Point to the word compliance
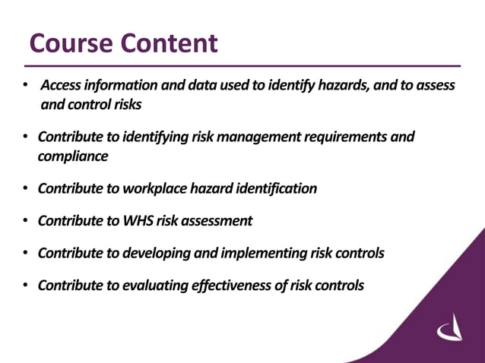point(73,156)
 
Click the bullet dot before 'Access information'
point(26,85)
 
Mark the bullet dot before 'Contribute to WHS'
point(26,221)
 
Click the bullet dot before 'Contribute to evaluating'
point(26,286)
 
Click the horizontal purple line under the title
point(243,66)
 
